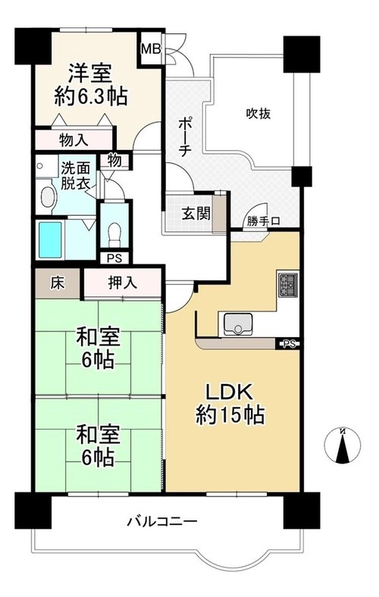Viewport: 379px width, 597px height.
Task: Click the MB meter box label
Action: pos(151,49)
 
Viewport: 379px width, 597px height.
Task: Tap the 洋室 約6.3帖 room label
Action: pos(90,85)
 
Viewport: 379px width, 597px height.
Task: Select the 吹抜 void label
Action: pos(258,114)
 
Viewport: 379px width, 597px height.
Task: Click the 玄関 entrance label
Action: pos(196,214)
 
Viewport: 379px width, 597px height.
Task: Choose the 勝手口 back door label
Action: pos(263,221)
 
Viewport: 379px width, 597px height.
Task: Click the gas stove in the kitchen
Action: pos(288,285)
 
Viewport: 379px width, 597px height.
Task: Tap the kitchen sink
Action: pos(238,324)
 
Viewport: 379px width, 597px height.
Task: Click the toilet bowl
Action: pos(114,234)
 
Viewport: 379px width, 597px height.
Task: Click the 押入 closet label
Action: pos(122,283)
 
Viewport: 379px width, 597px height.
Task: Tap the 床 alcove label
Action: pos(58,283)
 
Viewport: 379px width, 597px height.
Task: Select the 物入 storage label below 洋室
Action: pos(74,140)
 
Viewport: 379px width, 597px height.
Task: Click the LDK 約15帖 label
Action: pos(230,405)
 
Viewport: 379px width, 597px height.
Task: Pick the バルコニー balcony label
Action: pos(163,520)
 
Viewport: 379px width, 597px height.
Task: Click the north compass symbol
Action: pos(343,445)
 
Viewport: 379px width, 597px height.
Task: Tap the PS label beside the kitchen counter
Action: pos(290,344)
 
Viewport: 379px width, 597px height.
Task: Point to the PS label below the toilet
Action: pos(114,258)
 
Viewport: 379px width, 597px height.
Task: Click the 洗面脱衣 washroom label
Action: pos(77,176)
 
